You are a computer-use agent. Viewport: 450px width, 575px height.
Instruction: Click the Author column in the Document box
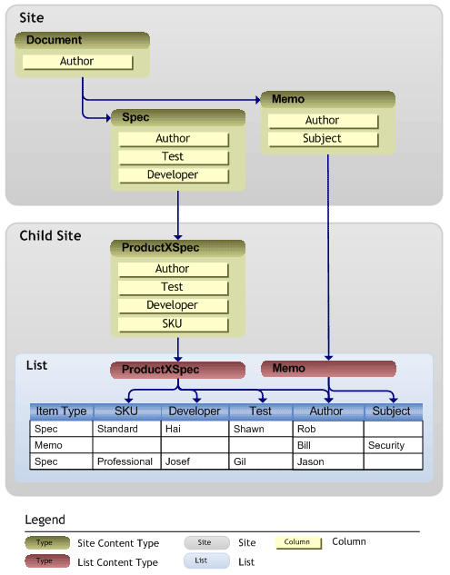pos(77,62)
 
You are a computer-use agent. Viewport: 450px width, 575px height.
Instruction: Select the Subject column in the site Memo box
pos(323,139)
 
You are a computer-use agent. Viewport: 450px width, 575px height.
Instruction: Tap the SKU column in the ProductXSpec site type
pos(173,324)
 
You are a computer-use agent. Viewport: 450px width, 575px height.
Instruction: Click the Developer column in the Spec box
pos(174,175)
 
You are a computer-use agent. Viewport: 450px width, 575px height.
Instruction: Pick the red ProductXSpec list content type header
pos(177,370)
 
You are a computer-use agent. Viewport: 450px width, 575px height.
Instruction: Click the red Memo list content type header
pos(328,369)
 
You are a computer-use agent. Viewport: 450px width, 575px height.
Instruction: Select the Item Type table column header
pos(61,411)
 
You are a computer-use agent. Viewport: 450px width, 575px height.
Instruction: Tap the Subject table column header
pos(393,411)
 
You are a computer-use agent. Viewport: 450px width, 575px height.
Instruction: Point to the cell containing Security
pos(393,445)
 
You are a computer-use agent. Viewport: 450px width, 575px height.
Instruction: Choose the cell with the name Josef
pos(195,461)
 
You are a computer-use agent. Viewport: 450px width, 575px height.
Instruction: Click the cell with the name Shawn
pos(261,429)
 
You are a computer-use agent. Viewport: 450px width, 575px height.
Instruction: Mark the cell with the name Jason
pos(328,461)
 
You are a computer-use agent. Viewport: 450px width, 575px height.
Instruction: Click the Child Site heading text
pos(50,236)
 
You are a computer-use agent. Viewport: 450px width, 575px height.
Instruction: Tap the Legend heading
pos(45,520)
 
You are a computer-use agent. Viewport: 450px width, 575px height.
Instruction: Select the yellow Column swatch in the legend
pos(298,542)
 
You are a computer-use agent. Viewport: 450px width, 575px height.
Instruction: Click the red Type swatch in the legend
pos(47,561)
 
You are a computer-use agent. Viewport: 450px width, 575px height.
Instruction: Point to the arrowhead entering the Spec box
pos(109,118)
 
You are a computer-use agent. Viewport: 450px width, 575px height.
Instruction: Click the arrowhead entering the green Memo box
pos(258,100)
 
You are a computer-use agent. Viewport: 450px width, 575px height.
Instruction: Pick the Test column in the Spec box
pos(174,157)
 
